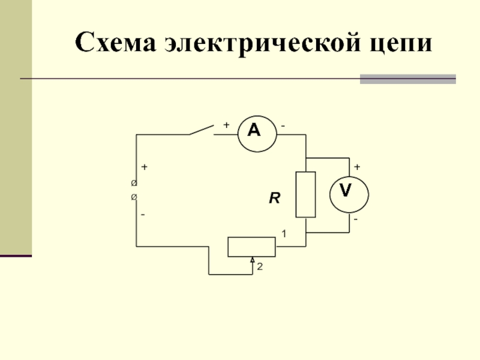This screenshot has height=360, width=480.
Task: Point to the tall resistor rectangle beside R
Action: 306,194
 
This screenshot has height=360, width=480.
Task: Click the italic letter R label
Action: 274,198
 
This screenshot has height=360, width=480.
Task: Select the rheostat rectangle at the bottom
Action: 251,247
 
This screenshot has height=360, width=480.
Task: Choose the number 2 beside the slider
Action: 259,268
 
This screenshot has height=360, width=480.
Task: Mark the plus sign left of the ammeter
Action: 226,125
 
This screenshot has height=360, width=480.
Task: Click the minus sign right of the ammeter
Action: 283,125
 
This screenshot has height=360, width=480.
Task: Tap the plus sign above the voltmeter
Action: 356,166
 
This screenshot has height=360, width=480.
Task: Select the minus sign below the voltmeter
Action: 356,220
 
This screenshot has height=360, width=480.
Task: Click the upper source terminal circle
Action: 134,182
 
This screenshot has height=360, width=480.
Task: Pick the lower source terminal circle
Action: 134,197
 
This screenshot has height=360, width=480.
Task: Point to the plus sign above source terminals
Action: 145,166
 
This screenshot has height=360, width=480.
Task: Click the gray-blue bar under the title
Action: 407,79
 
